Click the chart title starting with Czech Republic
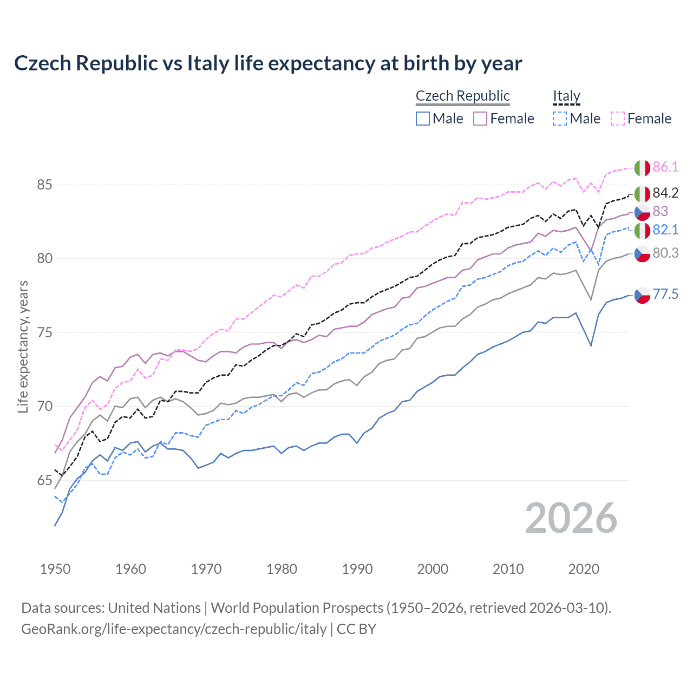click(268, 63)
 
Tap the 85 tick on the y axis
click(45, 185)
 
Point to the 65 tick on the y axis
click(45, 480)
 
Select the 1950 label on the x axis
click(55, 569)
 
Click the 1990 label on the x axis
click(357, 569)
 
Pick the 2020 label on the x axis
click(584, 569)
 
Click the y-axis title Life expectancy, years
click(23, 346)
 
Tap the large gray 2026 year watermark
click(571, 518)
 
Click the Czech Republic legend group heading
click(462, 96)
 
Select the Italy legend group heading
click(566, 96)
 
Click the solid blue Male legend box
click(423, 119)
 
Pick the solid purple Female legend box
click(480, 119)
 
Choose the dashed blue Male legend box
click(560, 119)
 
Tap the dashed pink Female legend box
click(618, 119)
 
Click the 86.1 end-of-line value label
click(665, 167)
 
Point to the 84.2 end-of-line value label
click(665, 193)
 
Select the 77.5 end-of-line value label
click(665, 294)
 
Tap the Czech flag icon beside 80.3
click(642, 253)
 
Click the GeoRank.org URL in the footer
click(174, 629)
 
